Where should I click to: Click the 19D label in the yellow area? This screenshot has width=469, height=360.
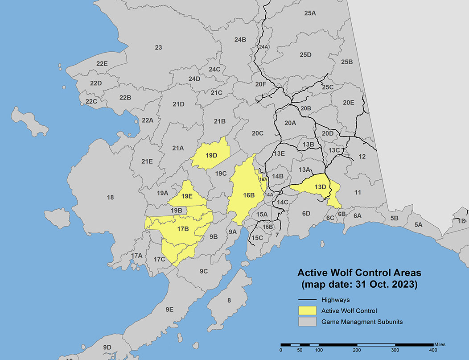point(211,156)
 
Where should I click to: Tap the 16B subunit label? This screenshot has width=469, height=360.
point(249,195)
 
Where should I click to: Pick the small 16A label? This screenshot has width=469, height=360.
point(263,179)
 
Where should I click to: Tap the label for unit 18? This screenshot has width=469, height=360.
point(111,197)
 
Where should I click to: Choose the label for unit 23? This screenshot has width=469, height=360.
point(158,48)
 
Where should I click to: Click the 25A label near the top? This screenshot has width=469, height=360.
point(310,13)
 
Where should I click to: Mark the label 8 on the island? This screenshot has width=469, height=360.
point(229,301)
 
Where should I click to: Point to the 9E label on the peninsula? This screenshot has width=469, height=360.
point(169,309)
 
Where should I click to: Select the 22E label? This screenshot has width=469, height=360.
point(102,64)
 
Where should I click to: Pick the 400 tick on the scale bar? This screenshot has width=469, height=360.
point(433,351)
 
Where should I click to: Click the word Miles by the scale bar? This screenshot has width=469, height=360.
point(439,344)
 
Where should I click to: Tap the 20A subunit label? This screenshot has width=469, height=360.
point(290,123)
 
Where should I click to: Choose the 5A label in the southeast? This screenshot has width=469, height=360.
point(418,225)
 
